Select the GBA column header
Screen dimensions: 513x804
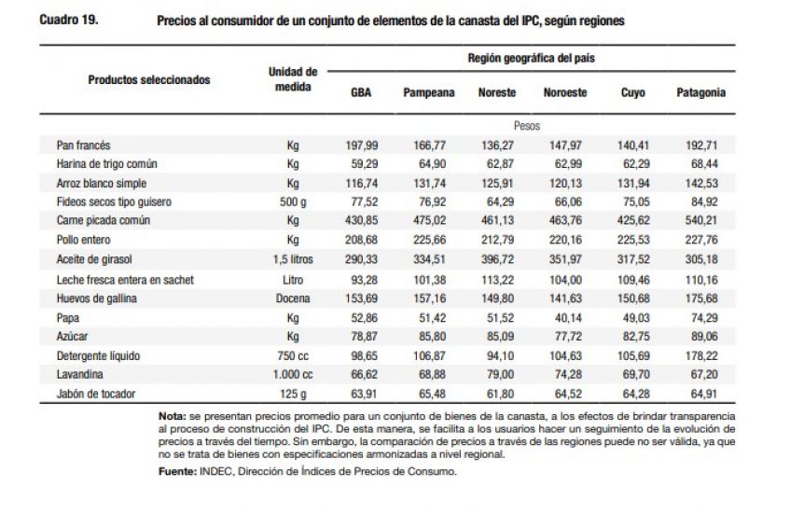[x=361, y=93]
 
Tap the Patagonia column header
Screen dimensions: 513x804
[x=700, y=93]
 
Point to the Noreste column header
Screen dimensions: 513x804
[x=497, y=93]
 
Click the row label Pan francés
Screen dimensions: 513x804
[x=83, y=146]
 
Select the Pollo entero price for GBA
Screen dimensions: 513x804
[x=361, y=241]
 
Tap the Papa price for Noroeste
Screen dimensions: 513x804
[x=564, y=317]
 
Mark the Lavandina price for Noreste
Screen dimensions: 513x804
[x=497, y=374]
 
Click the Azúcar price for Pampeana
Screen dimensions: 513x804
[x=428, y=336]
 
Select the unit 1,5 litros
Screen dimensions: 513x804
[x=293, y=260]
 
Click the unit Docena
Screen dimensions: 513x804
[x=293, y=298]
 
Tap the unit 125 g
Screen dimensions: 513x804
[x=293, y=394]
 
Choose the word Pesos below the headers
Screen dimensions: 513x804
[x=526, y=125]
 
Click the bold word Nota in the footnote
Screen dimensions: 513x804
[x=173, y=414]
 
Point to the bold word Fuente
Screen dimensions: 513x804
[x=177, y=473]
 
